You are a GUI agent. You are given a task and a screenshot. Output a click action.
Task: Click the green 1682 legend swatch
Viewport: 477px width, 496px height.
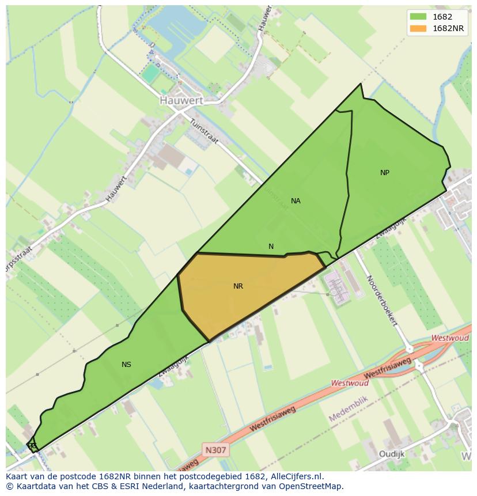(x=418, y=17)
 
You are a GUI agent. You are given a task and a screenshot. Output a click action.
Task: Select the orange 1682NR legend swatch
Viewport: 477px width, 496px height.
(x=418, y=28)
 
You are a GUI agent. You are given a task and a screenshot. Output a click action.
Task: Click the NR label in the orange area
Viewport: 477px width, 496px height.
(x=238, y=286)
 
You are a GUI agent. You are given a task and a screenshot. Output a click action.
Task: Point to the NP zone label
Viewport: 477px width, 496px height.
(x=385, y=173)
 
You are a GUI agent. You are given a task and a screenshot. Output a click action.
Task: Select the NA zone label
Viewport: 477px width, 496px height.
(x=296, y=201)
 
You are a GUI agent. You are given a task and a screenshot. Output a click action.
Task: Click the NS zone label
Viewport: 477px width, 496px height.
(x=126, y=365)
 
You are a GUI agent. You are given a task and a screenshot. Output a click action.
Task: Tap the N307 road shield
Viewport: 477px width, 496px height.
(x=216, y=449)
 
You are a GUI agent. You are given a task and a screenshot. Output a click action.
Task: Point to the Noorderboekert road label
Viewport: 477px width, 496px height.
(x=381, y=300)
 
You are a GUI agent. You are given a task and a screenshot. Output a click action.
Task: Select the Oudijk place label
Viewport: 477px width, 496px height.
(x=392, y=454)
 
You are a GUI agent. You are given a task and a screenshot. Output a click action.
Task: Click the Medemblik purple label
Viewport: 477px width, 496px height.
(x=352, y=408)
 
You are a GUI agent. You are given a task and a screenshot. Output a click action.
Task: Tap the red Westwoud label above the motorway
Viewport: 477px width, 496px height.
(x=450, y=338)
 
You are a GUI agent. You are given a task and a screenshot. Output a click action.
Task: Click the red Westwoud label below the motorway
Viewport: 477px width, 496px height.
(x=350, y=383)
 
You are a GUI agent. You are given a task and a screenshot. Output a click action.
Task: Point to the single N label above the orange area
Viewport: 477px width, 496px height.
(x=271, y=247)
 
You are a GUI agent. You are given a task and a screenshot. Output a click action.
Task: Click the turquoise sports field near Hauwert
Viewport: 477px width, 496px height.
(x=150, y=73)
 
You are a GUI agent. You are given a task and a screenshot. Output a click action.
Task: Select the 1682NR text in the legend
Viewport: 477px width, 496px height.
(x=449, y=28)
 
